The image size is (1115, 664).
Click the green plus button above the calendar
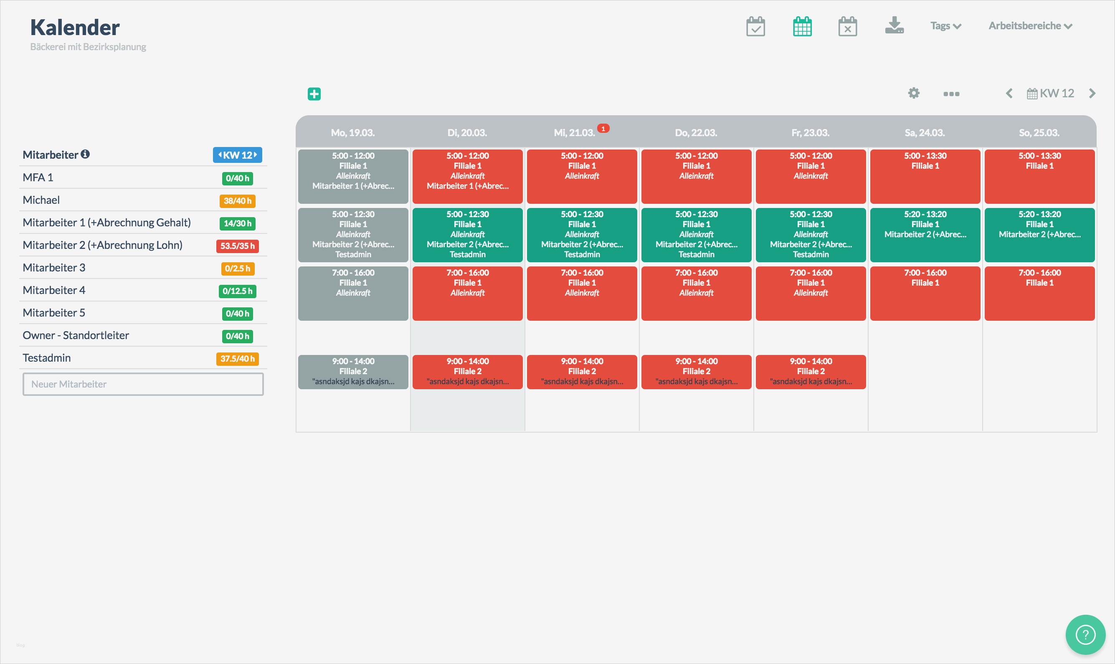(314, 94)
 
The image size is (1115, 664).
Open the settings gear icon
(914, 93)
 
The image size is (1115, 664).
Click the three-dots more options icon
(951, 94)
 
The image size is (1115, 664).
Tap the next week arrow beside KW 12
(1092, 94)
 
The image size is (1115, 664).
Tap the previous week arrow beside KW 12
(1009, 94)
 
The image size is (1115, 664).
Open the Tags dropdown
(945, 26)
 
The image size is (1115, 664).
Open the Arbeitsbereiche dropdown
(1030, 26)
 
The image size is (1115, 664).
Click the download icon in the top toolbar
(894, 25)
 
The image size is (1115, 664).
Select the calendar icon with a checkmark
(756, 26)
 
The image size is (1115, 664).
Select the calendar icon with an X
(847, 26)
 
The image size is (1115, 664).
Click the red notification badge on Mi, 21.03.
(603, 129)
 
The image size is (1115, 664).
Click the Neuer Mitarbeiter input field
(143, 384)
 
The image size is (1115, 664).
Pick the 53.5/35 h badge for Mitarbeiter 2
(238, 246)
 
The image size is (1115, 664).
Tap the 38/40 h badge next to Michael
(238, 201)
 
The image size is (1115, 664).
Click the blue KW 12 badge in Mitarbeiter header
(238, 155)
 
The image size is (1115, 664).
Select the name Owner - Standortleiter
(76, 335)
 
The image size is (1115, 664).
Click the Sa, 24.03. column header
(925, 133)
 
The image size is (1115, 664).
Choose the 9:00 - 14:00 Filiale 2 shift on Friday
(811, 371)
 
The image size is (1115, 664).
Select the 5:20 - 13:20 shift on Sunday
(1039, 234)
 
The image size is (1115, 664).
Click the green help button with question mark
(1085, 634)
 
